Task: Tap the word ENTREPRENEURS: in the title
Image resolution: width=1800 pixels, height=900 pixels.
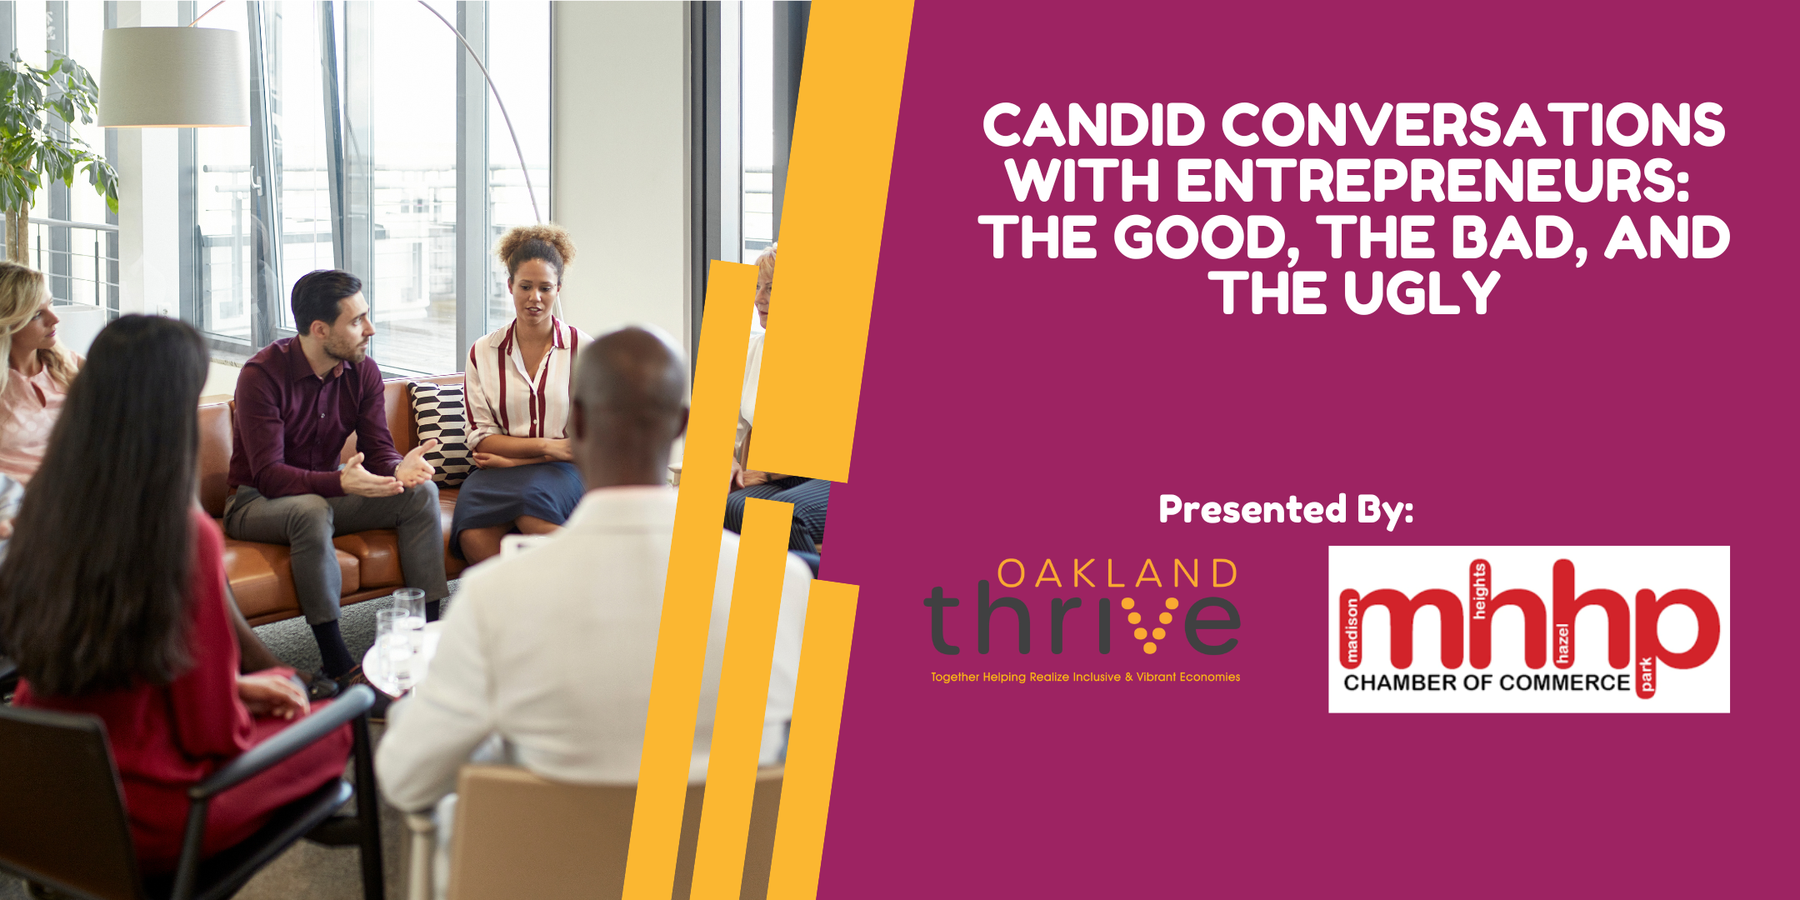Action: pyautogui.click(x=1433, y=181)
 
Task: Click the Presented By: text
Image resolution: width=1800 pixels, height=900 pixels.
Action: pyautogui.click(x=1286, y=509)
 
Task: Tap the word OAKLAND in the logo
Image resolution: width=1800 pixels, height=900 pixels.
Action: pyautogui.click(x=1117, y=573)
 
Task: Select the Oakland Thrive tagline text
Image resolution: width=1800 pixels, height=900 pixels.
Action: pyautogui.click(x=1085, y=677)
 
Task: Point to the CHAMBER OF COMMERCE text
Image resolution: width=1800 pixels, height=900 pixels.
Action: pyautogui.click(x=1487, y=682)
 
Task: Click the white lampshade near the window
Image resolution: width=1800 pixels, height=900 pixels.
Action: pyautogui.click(x=174, y=77)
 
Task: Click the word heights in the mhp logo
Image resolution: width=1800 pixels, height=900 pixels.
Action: pyautogui.click(x=1480, y=590)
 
